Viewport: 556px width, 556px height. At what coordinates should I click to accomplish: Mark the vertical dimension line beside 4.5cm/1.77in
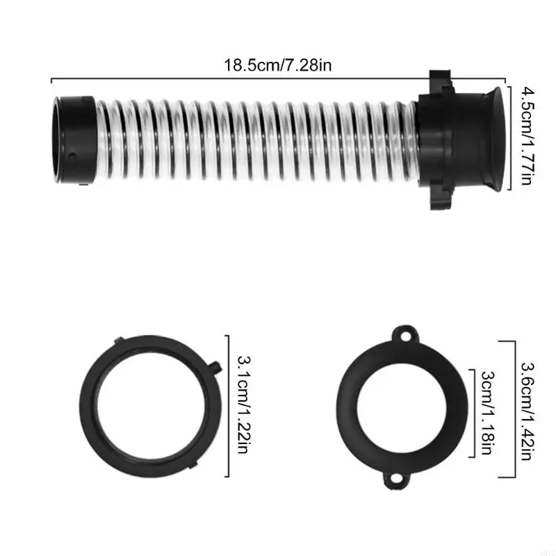[512, 136]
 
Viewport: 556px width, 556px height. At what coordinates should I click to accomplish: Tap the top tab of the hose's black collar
[439, 76]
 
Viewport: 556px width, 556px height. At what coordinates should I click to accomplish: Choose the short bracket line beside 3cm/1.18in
[475, 413]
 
